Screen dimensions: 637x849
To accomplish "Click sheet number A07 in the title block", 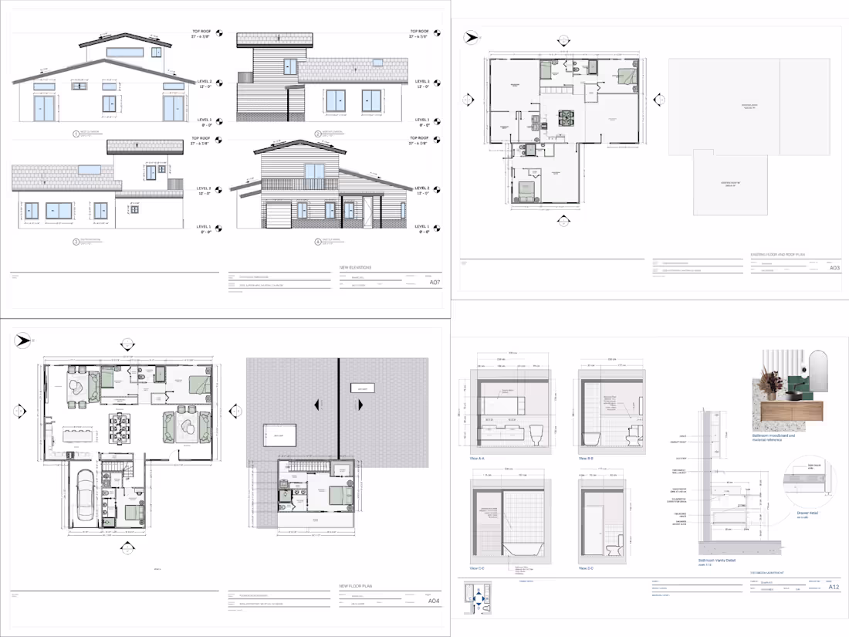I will point(435,283).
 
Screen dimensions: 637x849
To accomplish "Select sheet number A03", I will point(834,268).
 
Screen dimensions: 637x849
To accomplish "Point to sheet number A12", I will point(834,587).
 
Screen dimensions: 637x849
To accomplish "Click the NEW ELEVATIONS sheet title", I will point(356,268).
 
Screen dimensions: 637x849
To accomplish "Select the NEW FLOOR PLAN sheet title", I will point(356,587).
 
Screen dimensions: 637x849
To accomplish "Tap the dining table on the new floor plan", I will point(118,429).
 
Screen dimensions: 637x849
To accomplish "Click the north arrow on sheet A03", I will point(470,36).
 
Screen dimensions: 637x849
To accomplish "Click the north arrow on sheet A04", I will point(23,341).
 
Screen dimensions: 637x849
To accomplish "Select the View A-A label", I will point(477,458).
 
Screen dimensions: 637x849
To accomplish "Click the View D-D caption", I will point(587,568).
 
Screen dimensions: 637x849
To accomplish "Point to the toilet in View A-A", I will point(538,435).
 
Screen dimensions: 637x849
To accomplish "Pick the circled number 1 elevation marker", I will point(76,134).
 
